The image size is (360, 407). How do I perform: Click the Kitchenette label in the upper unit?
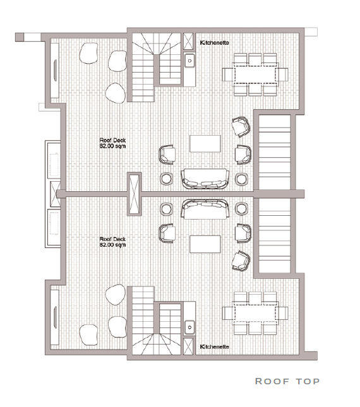pyautogui.click(x=214, y=42)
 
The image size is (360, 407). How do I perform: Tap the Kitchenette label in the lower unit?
pyautogui.click(x=214, y=346)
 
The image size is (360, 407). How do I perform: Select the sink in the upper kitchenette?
pyautogui.click(x=189, y=61)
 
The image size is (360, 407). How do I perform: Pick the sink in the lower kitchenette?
pyautogui.click(x=189, y=327)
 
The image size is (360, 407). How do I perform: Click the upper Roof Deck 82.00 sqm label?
pyautogui.click(x=112, y=143)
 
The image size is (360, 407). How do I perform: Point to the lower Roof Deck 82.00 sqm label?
pyautogui.click(x=112, y=242)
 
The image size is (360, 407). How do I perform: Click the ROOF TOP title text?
pyautogui.click(x=287, y=381)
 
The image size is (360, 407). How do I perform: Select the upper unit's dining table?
pyautogui.click(x=255, y=74)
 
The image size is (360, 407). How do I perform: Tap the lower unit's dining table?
pyautogui.click(x=255, y=313)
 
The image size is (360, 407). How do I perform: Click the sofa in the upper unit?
pyautogui.click(x=205, y=179)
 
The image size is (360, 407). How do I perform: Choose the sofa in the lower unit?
pyautogui.click(x=205, y=209)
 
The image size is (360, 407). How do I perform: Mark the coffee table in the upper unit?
pyautogui.click(x=205, y=143)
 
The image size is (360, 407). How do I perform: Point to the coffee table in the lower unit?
pyautogui.click(x=205, y=244)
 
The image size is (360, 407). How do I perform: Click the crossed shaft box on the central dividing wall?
pyautogui.click(x=135, y=194)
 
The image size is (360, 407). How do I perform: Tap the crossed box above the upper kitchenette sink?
pyautogui.click(x=188, y=41)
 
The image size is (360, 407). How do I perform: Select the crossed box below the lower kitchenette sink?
pyautogui.click(x=188, y=346)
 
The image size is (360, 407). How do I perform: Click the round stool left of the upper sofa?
pyautogui.click(x=166, y=179)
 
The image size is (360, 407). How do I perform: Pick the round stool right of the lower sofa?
pyautogui.click(x=241, y=209)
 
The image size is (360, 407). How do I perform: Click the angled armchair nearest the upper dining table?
pyautogui.click(x=241, y=127)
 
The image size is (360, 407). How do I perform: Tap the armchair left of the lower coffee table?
pyautogui.click(x=167, y=233)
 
